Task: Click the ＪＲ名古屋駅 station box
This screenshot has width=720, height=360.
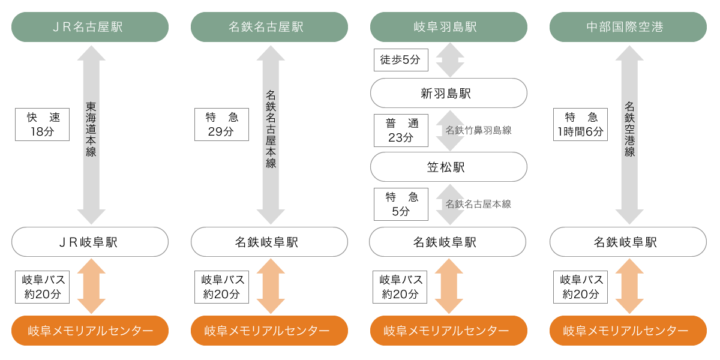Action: [90, 27]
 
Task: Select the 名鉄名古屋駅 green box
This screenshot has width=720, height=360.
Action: [269, 27]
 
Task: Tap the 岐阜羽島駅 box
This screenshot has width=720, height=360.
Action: [448, 27]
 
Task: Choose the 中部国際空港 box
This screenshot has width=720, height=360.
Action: [628, 27]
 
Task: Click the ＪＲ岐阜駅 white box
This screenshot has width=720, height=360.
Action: [90, 242]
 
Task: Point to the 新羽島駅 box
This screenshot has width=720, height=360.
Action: [448, 93]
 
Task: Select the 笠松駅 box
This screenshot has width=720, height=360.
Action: [448, 167]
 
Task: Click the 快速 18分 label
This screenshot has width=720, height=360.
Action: [41, 124]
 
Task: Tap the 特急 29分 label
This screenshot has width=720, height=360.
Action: [221, 124]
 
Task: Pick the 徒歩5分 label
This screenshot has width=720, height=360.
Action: [400, 60]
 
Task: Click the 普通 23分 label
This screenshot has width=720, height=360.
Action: [400, 130]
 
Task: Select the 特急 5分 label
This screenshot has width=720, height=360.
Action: [400, 204]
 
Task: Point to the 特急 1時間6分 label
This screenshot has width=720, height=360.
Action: [581, 124]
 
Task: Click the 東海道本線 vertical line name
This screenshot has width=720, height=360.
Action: [91, 129]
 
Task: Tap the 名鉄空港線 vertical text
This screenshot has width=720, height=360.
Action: [629, 129]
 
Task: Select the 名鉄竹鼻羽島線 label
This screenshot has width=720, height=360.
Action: [478, 130]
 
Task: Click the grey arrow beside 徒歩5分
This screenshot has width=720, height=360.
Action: [449, 60]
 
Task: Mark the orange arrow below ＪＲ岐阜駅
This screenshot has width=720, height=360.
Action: [91, 286]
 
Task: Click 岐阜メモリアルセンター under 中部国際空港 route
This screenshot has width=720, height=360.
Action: [628, 331]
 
